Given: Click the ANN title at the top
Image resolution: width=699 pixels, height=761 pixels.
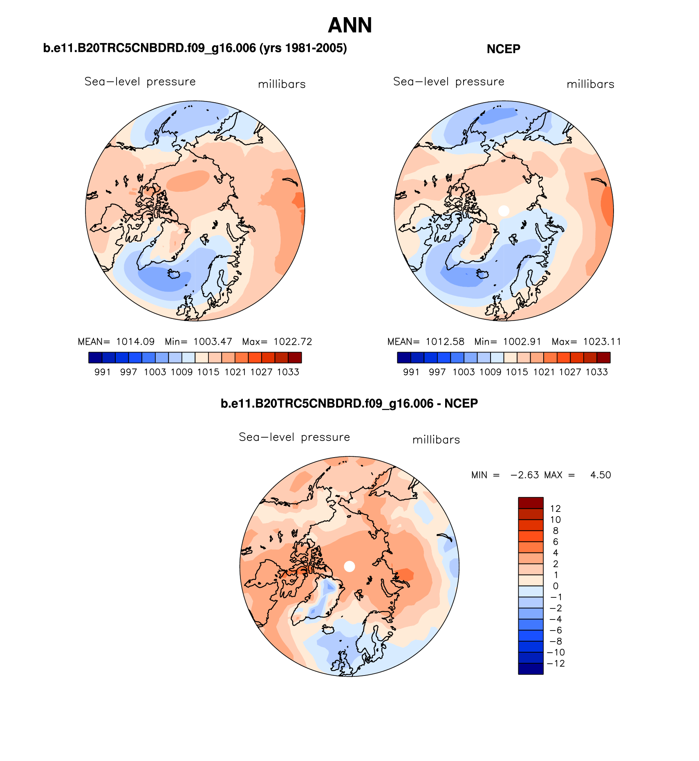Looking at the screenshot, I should (x=350, y=25).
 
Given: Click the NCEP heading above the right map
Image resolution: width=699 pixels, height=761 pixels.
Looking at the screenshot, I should (x=503, y=49).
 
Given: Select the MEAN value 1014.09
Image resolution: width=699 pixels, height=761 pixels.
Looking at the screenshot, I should (x=135, y=342).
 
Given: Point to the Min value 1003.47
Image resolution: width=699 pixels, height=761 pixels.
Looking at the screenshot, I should (x=213, y=342).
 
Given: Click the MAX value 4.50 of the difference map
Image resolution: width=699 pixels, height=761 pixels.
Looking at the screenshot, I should (x=600, y=475).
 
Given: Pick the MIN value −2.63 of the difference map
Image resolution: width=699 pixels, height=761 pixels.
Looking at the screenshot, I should (x=525, y=475).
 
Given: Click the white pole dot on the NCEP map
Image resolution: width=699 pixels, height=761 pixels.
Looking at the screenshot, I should (x=504, y=211).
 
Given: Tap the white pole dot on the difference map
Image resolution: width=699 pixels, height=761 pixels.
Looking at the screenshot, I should (x=349, y=566).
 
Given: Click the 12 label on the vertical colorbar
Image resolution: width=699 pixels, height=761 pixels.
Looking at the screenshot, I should (x=556, y=509).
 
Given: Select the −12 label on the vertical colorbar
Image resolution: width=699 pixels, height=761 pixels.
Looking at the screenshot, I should (x=556, y=663).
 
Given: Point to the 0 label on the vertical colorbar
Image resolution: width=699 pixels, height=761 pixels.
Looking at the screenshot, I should (x=556, y=586).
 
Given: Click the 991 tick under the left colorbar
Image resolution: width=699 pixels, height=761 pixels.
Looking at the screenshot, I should (x=103, y=372).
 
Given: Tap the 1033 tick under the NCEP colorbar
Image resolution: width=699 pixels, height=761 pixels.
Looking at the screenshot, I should (x=596, y=372).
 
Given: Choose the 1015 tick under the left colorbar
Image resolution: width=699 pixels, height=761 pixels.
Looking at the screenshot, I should (x=208, y=372).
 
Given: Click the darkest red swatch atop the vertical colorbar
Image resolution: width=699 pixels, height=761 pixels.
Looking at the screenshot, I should (x=531, y=503).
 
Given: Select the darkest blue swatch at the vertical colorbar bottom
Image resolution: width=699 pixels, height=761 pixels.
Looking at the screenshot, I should (x=531, y=669).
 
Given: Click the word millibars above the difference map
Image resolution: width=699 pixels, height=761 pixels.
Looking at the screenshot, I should (x=436, y=440).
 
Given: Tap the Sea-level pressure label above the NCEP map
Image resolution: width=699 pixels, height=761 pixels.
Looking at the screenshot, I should (x=448, y=82).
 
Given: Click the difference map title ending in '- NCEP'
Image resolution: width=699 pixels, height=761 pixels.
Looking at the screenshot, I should (x=349, y=404).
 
